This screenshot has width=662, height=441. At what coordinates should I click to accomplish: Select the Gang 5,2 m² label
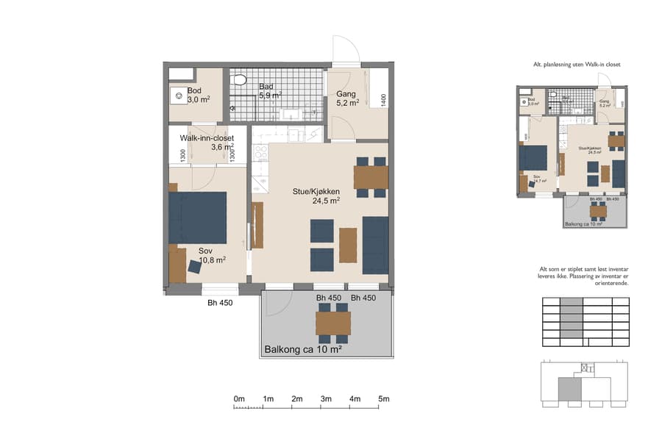click(x=347, y=98)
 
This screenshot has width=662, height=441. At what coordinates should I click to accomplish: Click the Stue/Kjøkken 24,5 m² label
click(x=316, y=195)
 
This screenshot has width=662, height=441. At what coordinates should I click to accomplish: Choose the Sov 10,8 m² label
click(x=211, y=254)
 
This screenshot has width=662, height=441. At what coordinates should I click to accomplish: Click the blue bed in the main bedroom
click(x=197, y=218)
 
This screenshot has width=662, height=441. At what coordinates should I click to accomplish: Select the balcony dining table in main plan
click(x=333, y=323)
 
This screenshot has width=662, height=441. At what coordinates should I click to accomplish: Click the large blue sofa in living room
click(x=375, y=245)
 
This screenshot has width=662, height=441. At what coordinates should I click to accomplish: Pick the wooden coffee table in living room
click(x=348, y=245)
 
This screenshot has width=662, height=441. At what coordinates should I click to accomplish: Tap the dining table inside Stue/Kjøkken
click(x=371, y=178)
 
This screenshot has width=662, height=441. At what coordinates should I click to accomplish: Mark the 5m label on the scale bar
click(x=383, y=398)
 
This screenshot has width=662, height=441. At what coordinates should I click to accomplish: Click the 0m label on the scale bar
click(x=239, y=398)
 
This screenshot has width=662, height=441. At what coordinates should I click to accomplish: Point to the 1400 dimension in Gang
click(x=383, y=98)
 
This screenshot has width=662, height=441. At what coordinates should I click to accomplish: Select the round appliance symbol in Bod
click(x=178, y=94)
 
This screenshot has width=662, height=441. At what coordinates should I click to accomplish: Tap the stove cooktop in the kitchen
click(x=260, y=153)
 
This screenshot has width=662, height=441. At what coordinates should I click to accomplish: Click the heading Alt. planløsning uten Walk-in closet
click(x=577, y=65)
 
